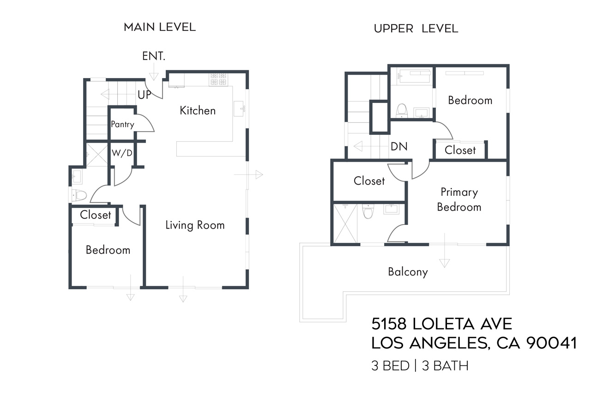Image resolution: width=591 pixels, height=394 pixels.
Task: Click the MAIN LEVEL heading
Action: (159, 27)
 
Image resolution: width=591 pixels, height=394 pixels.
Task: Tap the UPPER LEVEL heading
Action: (416, 29)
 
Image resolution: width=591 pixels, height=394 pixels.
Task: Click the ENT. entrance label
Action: (153, 56)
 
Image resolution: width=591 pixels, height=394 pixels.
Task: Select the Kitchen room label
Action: (198, 110)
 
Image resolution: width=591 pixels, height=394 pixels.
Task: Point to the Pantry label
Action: (122, 124)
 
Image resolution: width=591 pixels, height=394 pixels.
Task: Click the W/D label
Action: (122, 153)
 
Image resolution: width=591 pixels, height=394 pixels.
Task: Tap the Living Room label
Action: (195, 225)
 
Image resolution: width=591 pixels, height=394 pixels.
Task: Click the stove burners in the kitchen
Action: (219, 80)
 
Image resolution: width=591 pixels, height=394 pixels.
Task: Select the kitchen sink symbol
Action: (240, 109)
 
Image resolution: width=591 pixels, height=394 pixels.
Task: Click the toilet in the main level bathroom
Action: (80, 195)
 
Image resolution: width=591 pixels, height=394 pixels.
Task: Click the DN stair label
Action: (399, 146)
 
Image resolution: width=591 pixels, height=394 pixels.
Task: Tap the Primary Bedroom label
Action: (459, 200)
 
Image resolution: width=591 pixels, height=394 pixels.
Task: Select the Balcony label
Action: (408, 272)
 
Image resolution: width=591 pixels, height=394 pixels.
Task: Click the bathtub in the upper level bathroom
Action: (410, 76)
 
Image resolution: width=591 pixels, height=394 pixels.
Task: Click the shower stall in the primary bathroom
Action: (345, 224)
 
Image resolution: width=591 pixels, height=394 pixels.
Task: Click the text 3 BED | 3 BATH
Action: (420, 366)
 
